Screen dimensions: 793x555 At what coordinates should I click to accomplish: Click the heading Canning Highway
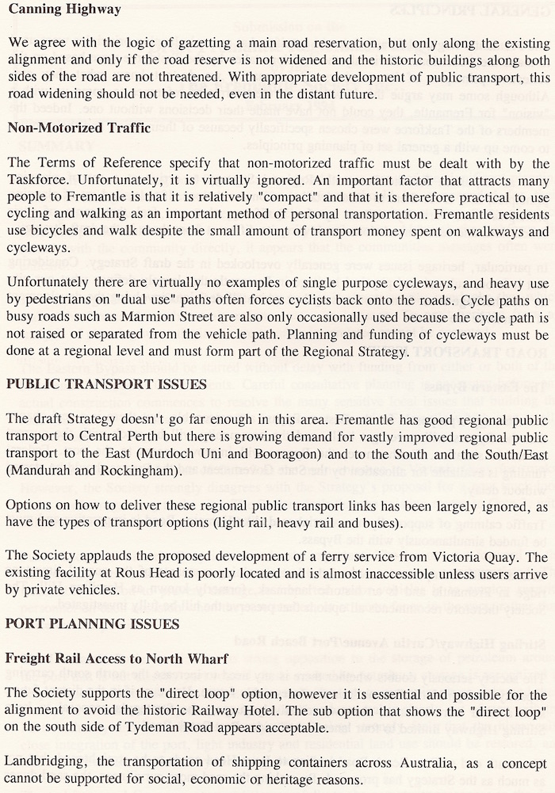coord(64,10)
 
